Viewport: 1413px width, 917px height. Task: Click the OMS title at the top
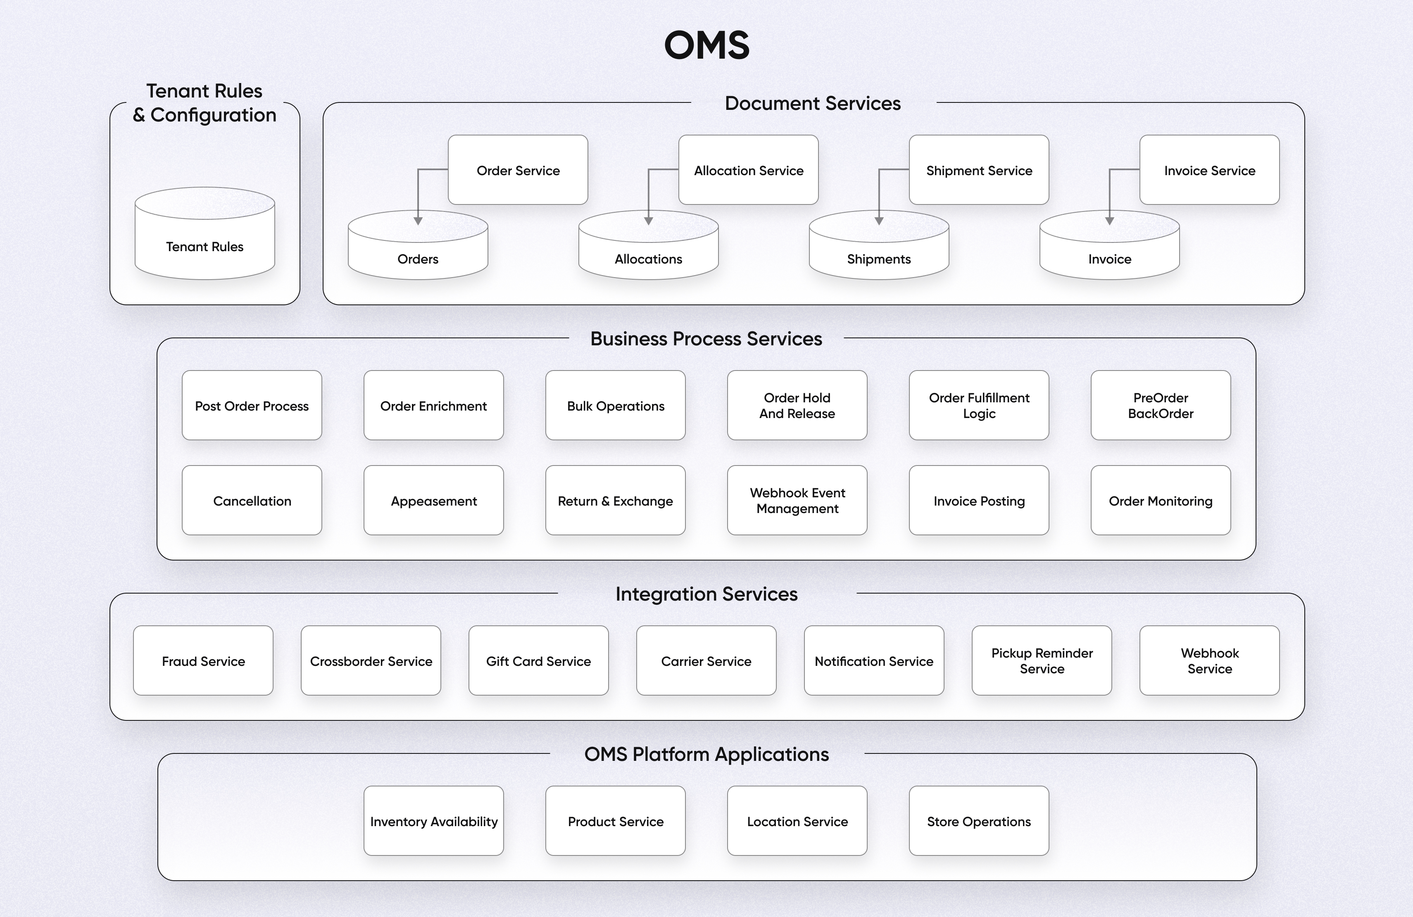(x=706, y=45)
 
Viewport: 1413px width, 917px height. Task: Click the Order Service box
(x=518, y=170)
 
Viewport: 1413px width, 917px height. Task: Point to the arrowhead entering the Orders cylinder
(x=418, y=221)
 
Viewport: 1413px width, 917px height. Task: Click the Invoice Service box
(x=1209, y=170)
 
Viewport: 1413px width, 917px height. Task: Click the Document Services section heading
(x=812, y=103)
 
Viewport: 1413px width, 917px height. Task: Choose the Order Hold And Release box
(x=797, y=405)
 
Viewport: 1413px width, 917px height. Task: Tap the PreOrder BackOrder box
(x=1160, y=405)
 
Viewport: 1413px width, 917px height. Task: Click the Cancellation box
(x=252, y=500)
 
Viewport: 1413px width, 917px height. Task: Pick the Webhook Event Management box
(x=797, y=500)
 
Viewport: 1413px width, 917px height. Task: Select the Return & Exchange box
(x=615, y=500)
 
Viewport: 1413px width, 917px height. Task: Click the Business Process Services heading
(x=706, y=338)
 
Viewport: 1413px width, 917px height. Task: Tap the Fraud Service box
(x=203, y=660)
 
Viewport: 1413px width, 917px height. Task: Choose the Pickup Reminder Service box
(x=1041, y=660)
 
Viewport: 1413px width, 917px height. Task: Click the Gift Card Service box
(x=538, y=660)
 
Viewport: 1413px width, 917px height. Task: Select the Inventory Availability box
(x=433, y=821)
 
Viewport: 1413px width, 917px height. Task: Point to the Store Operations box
(x=978, y=821)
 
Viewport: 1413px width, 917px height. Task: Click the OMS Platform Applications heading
(x=706, y=754)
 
